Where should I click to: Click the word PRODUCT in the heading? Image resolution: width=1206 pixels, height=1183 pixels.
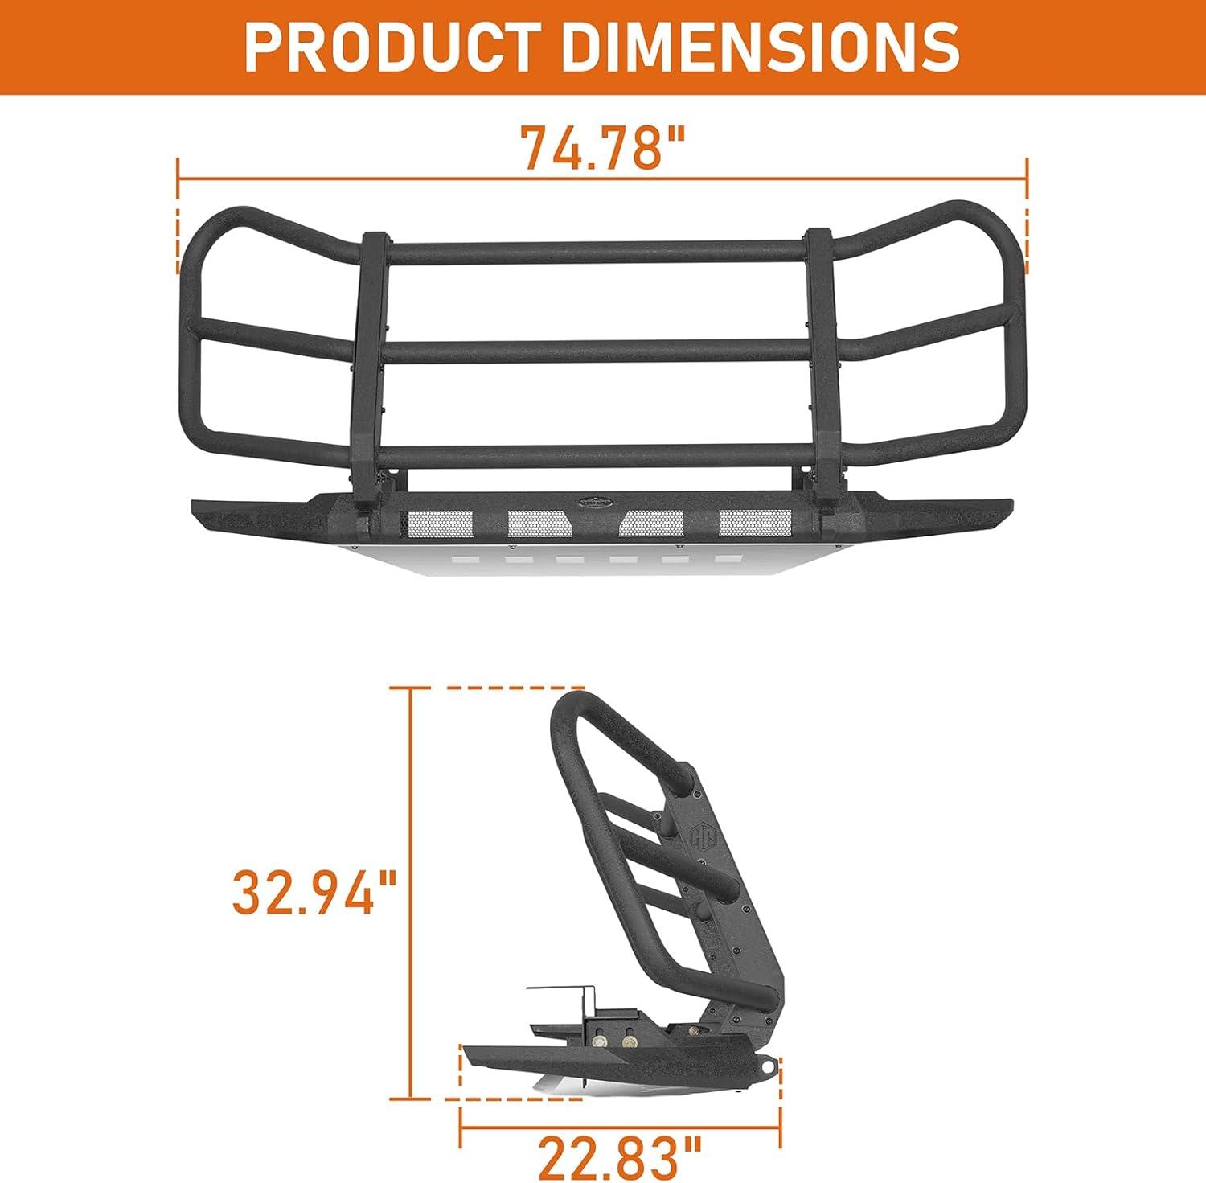pos(389,46)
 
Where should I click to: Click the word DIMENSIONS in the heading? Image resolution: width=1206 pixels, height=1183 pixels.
pos(760,46)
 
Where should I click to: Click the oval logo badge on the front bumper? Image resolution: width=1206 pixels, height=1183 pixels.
pos(603,500)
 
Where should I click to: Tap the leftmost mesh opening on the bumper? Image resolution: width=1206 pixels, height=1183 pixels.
pos(441,524)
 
